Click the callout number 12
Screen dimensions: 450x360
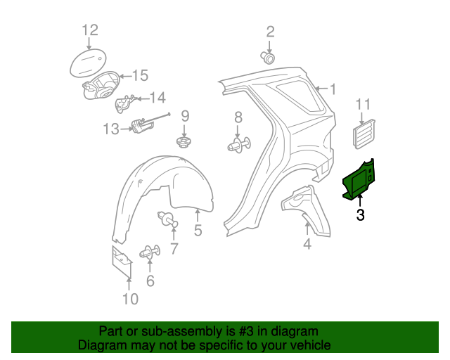[90, 30]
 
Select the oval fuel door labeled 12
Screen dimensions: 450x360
[88, 63]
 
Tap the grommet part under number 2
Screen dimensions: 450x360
[268, 58]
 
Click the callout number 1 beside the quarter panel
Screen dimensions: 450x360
[333, 89]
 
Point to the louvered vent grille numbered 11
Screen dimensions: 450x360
[364, 134]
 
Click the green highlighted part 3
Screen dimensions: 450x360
[359, 179]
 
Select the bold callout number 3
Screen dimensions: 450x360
[360, 214]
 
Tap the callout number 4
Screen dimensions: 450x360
[307, 244]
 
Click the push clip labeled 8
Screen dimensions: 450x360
[239, 145]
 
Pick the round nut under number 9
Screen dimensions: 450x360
[184, 142]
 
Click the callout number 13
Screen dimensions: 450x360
[111, 129]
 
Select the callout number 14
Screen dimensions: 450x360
[157, 98]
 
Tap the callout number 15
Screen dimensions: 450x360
[140, 76]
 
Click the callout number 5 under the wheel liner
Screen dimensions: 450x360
[198, 230]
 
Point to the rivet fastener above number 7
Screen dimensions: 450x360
[167, 219]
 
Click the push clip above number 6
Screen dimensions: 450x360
[150, 252]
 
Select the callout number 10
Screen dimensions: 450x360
[131, 299]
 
